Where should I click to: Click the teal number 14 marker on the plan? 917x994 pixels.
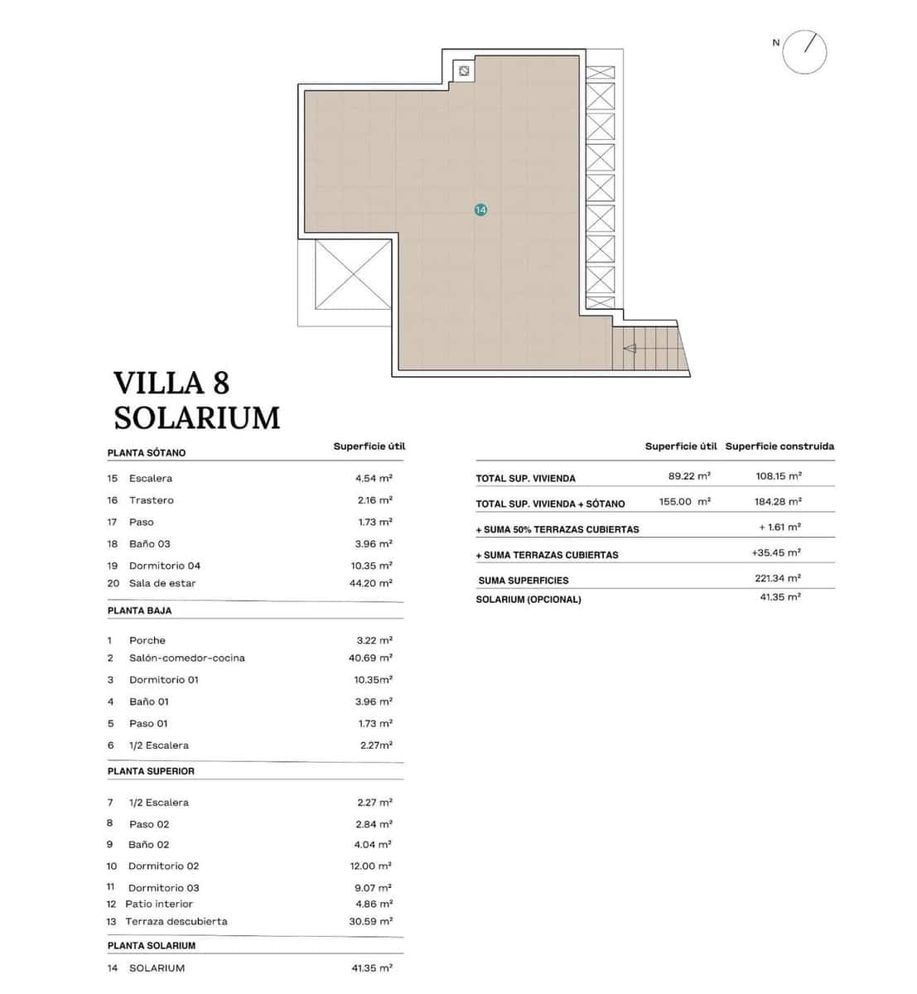pos(480,210)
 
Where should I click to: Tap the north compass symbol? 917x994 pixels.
pos(804,51)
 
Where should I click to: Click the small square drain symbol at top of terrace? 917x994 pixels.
pos(464,71)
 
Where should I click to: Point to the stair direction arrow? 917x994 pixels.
pos(630,348)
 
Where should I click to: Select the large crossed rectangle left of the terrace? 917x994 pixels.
pos(352,273)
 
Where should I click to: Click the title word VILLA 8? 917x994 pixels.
pos(171,383)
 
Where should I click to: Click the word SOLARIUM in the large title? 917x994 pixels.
pos(197,417)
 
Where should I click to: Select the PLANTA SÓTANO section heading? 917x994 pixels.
pos(147,453)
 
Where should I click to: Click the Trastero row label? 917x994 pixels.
pos(152,500)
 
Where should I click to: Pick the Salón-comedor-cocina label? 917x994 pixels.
pos(187,658)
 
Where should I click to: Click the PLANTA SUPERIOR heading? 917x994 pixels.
pos(151,771)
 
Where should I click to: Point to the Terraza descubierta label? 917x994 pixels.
pos(176,921)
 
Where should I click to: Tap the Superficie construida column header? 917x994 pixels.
pos(779,446)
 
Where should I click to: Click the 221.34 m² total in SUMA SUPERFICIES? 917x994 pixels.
pos(778,578)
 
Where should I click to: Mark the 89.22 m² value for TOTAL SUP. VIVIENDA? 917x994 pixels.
pos(689,476)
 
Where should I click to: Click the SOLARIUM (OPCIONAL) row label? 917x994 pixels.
pos(528,599)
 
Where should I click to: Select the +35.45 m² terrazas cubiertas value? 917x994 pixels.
pos(776,552)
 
